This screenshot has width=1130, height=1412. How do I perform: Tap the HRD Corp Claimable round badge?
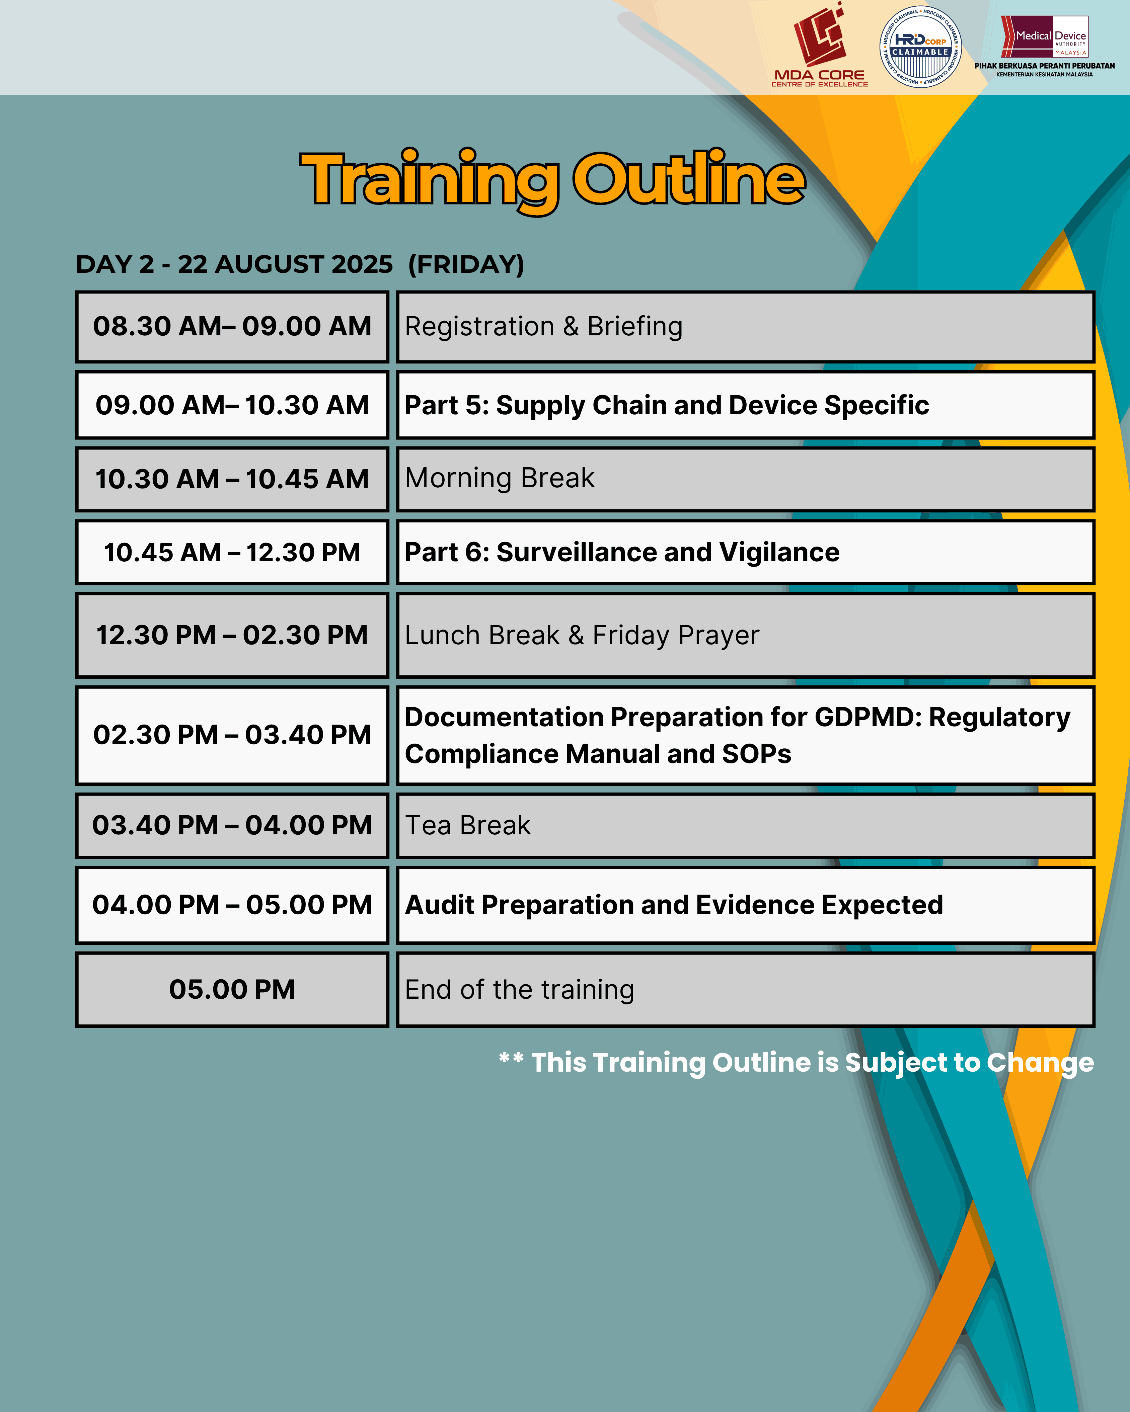[920, 47]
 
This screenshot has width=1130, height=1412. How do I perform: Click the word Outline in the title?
[689, 178]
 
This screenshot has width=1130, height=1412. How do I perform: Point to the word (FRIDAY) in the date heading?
[466, 265]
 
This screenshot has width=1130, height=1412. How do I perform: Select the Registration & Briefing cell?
[746, 327]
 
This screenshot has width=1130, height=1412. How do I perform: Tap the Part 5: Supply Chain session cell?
[746, 405]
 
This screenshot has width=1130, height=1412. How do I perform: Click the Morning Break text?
[500, 478]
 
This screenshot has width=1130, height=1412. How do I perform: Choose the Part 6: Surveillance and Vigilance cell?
[746, 552]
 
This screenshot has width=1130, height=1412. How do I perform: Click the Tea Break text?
[468, 825]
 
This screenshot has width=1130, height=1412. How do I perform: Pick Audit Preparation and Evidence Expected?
[674, 905]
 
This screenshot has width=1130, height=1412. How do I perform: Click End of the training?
[520, 990]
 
